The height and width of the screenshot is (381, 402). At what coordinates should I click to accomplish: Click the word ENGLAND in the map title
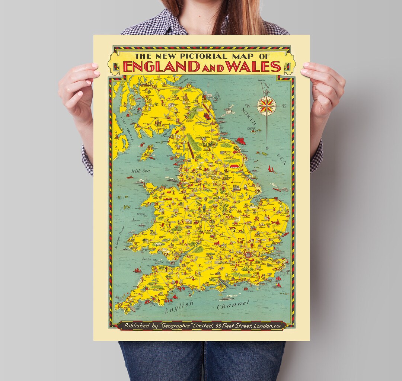point(160,66)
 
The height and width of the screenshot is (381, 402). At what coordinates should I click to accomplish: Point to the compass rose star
point(266,105)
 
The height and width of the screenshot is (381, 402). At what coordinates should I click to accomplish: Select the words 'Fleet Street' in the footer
point(234,326)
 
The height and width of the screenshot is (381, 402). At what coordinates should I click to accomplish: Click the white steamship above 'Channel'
point(226,298)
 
